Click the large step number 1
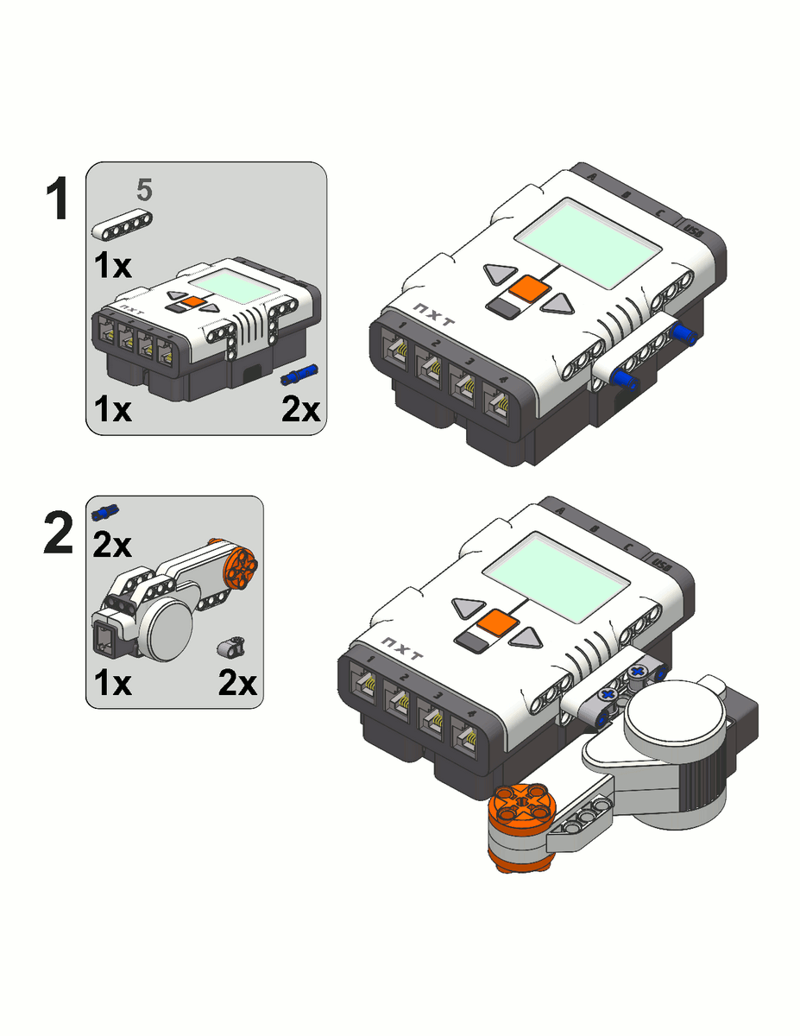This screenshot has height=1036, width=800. tap(57, 199)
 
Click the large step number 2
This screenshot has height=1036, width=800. tap(59, 534)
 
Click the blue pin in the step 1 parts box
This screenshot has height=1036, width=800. tap(299, 375)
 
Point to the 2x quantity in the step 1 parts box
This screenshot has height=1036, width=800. tap(301, 409)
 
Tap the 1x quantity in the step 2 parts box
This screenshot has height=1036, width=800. tap(112, 683)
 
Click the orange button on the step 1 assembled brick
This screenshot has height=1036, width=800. tap(528, 289)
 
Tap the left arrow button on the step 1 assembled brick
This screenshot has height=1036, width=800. tap(499, 275)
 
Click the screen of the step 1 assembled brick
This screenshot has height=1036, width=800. tap(592, 241)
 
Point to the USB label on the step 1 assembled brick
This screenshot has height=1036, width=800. tap(693, 229)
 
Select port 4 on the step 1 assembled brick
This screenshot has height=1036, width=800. tap(499, 405)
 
